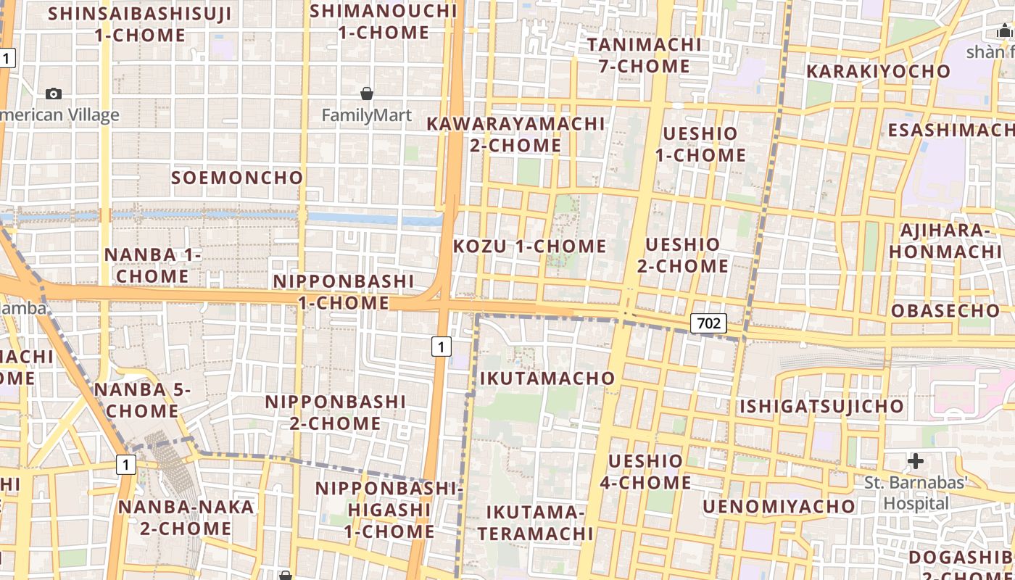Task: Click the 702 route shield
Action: pos(708,323)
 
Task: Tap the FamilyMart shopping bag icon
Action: pos(367,94)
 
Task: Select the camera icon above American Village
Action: pos(54,94)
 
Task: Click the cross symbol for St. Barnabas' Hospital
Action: pos(916,460)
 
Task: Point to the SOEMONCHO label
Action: pos(237,178)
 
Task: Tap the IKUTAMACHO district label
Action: pos(547,378)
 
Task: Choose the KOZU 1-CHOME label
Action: pos(529,246)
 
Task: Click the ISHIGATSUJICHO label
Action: pos(821,406)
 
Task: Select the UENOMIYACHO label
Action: pos(779,506)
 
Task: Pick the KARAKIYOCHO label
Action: pos(878,71)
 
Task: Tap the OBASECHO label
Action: pos(945,311)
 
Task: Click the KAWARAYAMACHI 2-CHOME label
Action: pos(515,135)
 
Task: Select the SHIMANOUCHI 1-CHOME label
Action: pos(384,22)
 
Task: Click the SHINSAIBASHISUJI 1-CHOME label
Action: pos(140,24)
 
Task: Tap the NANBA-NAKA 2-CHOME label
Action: pos(186,518)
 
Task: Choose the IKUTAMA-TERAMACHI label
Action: pos(535,523)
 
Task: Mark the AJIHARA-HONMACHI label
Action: pos(945,241)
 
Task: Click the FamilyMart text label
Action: pos(366,115)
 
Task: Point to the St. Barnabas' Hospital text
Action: pos(916,493)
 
